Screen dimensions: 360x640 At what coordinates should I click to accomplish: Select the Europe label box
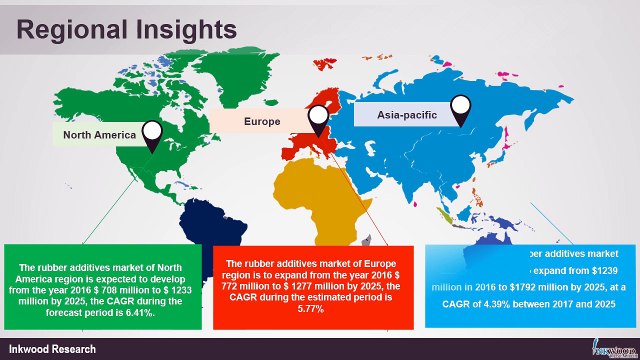[262, 121]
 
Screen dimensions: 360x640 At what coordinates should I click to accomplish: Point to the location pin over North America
[153, 134]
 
